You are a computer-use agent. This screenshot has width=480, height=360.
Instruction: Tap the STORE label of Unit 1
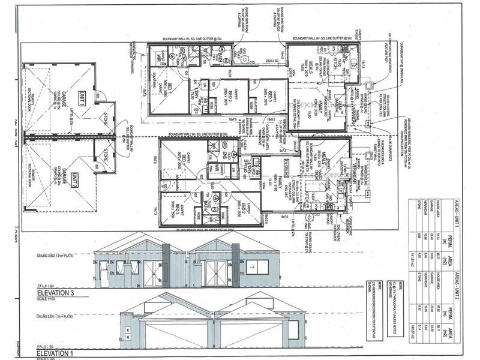[107, 115]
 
